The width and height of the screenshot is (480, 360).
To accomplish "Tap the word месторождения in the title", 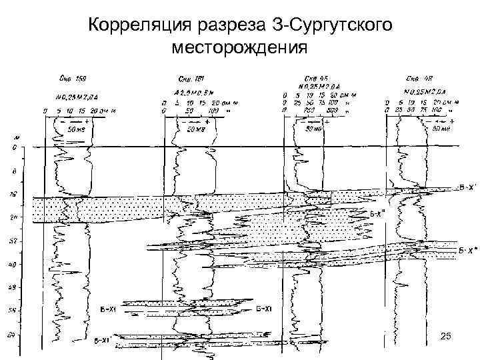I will pyautogui.click(x=239, y=48).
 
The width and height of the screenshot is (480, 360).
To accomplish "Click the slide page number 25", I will pyautogui.click(x=447, y=339).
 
